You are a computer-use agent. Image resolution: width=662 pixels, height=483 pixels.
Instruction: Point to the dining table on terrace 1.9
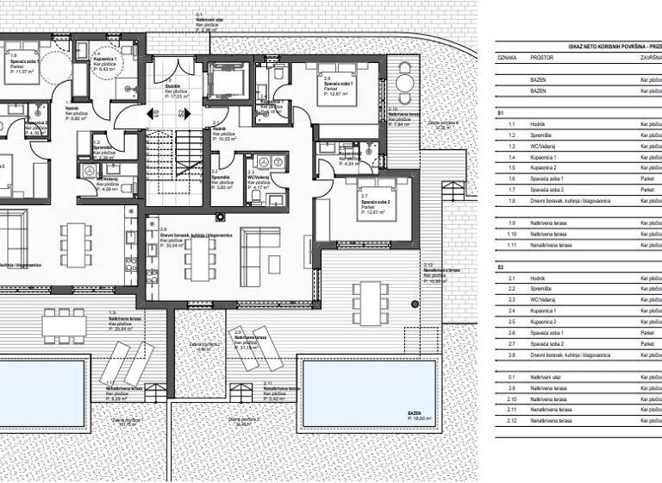coord(64,325)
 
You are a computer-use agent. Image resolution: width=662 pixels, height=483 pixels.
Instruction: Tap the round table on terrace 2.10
coord(403,85)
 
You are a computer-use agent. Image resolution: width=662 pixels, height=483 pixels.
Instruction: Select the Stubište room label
coord(172,88)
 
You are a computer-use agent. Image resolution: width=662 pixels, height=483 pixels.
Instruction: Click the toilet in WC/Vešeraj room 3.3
coord(256,197)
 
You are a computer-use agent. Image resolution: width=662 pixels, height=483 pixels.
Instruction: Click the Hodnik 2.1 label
coord(222,130)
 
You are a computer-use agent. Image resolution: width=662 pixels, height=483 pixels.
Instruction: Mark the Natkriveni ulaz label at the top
coord(210,20)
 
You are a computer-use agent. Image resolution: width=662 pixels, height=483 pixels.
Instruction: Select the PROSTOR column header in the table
coord(542,58)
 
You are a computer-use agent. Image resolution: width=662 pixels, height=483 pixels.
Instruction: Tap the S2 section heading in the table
coord(501,267)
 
